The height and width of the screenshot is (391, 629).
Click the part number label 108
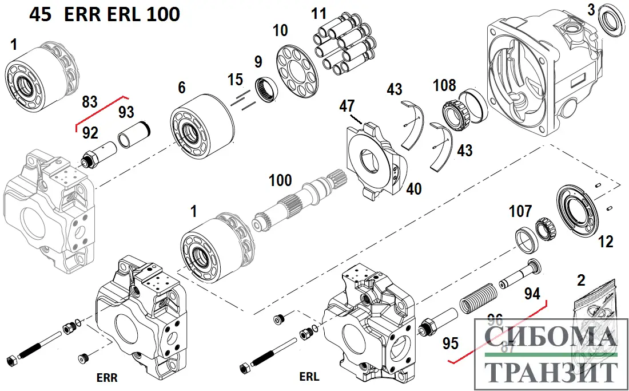click(x=444, y=85)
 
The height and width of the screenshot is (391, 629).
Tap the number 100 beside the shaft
click(x=280, y=181)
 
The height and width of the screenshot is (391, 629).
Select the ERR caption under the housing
click(x=107, y=378)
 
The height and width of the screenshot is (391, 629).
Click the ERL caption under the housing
click(x=309, y=377)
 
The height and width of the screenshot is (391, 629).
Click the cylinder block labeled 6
click(x=202, y=129)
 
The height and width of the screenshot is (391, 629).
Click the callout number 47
click(x=347, y=106)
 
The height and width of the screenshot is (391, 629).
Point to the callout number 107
click(x=520, y=212)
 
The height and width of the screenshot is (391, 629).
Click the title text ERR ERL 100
click(x=122, y=14)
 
